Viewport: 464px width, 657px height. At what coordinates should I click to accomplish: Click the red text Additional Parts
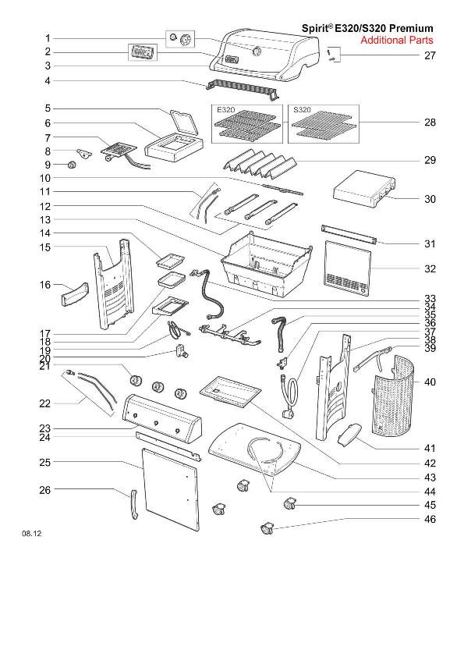(397, 41)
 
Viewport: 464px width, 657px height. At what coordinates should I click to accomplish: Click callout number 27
(430, 55)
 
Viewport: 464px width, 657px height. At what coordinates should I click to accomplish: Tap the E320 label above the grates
(225, 110)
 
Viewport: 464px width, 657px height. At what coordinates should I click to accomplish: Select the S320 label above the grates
(302, 110)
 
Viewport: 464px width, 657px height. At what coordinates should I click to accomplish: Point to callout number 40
(430, 382)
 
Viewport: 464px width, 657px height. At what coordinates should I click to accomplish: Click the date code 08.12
(32, 534)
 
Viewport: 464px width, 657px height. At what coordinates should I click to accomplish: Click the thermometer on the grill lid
(257, 51)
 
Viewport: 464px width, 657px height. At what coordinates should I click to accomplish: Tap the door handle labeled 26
(133, 504)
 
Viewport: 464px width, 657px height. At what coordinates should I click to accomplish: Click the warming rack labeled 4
(242, 89)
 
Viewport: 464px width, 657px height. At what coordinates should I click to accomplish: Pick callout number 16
(44, 285)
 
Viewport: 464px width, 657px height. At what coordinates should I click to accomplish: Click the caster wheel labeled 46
(267, 528)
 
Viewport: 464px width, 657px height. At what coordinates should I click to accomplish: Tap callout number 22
(44, 404)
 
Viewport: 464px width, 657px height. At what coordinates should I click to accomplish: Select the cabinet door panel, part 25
(171, 489)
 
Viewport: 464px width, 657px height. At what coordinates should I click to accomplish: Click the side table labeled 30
(363, 190)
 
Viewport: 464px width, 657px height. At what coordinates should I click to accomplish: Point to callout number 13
(44, 220)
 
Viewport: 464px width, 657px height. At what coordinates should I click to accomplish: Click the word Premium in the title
(411, 29)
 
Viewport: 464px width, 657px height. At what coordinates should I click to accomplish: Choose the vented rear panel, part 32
(348, 268)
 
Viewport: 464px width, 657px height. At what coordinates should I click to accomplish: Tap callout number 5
(48, 108)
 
